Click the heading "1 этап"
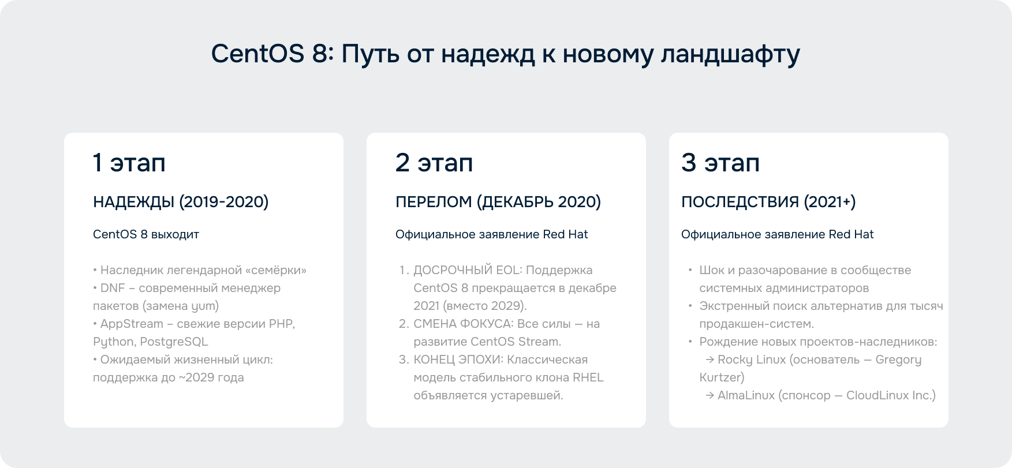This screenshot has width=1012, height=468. click(129, 163)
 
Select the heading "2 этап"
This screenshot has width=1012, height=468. click(434, 163)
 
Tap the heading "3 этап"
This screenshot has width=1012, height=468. click(720, 163)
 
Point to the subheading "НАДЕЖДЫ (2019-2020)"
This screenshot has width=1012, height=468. click(181, 202)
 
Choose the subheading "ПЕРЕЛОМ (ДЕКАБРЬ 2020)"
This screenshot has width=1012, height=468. click(498, 202)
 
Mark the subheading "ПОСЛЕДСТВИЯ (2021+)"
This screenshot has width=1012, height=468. click(768, 202)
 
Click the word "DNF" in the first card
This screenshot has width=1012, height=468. click(113, 288)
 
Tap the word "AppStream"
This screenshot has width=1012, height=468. click(132, 324)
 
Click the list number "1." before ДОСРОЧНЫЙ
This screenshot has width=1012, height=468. click(404, 270)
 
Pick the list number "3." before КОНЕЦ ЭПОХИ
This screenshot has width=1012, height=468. click(404, 360)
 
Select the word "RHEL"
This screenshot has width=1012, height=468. click(588, 377)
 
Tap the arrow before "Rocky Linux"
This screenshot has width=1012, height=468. click(709, 360)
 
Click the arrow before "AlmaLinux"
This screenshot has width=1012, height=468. click(709, 395)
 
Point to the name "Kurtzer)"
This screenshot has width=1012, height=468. click(722, 377)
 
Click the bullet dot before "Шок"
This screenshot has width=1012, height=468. click(690, 270)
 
